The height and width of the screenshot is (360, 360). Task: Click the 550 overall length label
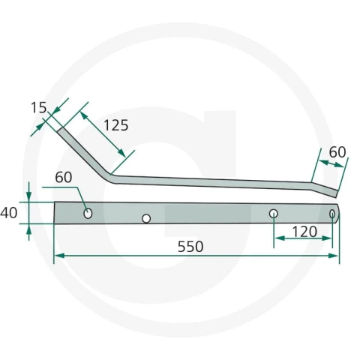(x=190, y=247)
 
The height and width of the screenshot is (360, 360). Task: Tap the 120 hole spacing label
(x=304, y=232)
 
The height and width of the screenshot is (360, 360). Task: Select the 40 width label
(x=9, y=213)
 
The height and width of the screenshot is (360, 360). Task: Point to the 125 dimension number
(x=116, y=125)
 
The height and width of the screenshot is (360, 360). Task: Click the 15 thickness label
(x=39, y=108)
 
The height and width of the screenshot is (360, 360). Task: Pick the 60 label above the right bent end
(x=337, y=152)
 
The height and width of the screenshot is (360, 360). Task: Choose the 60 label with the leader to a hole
(x=64, y=177)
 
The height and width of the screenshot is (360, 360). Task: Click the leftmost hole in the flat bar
(x=88, y=214)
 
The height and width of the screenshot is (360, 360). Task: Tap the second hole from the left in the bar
(x=146, y=219)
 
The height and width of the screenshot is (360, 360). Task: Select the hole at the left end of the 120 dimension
(x=274, y=214)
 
